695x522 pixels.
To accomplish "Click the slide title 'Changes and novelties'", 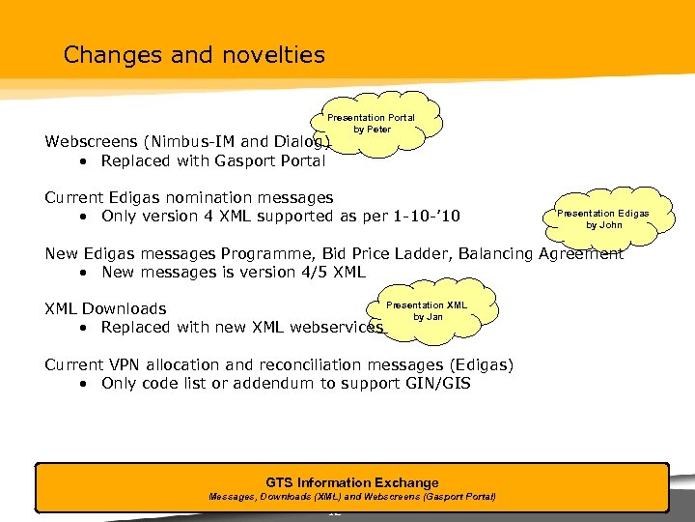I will point(194,55).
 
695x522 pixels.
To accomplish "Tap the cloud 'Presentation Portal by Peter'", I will point(372,123).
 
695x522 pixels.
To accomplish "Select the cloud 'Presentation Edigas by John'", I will point(603,218).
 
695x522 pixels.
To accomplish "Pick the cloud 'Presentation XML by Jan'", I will point(427,310).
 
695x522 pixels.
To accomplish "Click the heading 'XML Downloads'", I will point(105,308).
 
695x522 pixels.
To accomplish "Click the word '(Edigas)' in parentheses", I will point(480,364).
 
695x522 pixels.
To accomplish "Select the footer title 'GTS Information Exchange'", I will point(351,482).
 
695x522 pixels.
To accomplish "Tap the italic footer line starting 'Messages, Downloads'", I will point(352,497).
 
